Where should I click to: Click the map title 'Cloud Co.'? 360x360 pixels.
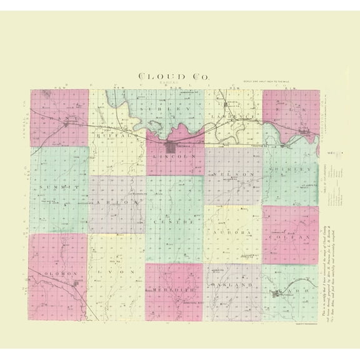click(176, 76)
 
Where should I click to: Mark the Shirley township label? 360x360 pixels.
click(291, 169)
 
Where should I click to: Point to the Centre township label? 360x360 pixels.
click(174, 221)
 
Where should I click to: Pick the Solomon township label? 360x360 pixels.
click(57, 273)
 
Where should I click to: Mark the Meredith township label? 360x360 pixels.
click(174, 290)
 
